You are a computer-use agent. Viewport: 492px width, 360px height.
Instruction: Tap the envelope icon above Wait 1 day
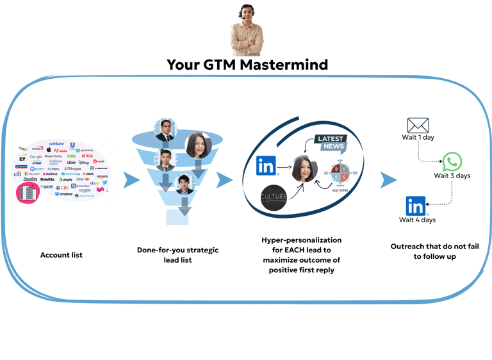(x=418, y=126)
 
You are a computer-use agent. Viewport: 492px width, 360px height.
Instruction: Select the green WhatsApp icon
(x=452, y=161)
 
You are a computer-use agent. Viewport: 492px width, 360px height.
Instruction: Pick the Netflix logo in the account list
(x=87, y=156)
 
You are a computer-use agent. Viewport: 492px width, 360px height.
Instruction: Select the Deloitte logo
(x=47, y=180)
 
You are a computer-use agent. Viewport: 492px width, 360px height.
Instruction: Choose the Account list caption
(x=61, y=256)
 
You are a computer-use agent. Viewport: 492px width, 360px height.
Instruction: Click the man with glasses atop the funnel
(x=165, y=129)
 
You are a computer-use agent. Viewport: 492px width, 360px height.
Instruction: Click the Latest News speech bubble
(x=330, y=144)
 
